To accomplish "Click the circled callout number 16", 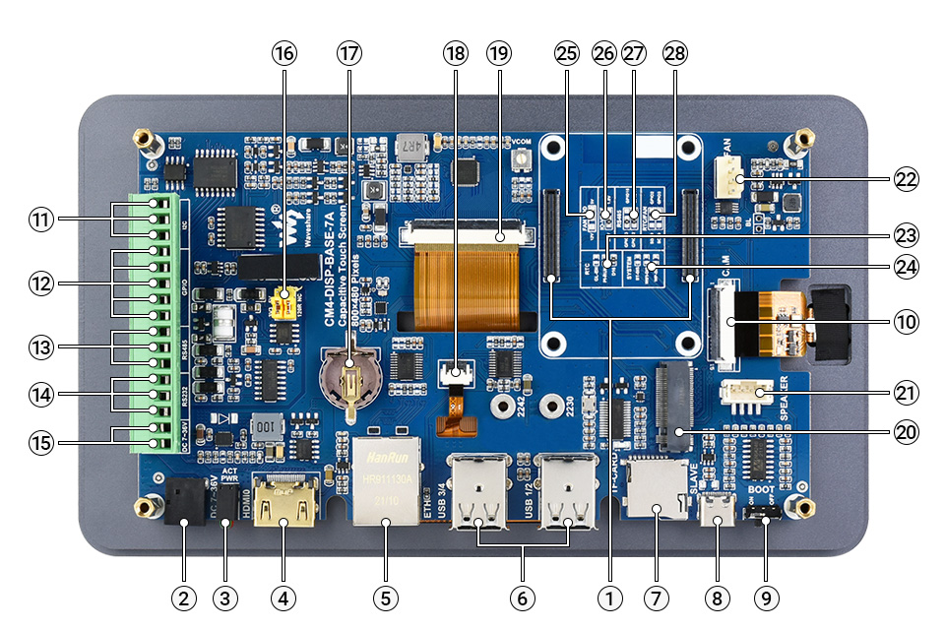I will pos(283,53).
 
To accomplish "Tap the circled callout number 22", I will pos(905,179).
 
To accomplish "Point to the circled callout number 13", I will pos(40,346).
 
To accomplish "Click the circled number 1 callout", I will pos(610,597).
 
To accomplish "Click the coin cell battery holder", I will pos(347,378).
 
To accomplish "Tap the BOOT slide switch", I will pos(769,515).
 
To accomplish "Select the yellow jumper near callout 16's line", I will pos(284,295).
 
